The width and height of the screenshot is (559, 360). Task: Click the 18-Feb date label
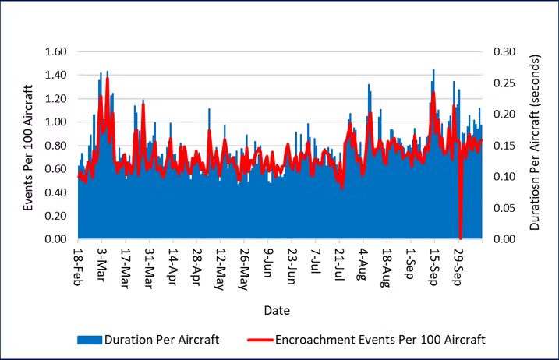[79, 268]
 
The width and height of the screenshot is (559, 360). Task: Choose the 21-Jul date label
[340, 267]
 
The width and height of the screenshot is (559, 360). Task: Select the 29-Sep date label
[459, 268]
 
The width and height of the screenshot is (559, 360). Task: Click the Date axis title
[277, 310]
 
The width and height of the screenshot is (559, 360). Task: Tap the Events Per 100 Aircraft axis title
[28, 146]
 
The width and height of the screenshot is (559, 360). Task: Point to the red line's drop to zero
[460, 237]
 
